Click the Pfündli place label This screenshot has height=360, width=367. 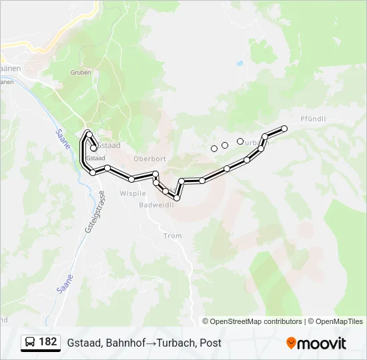313,119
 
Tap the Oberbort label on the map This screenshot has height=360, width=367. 149,159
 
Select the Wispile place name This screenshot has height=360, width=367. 132,193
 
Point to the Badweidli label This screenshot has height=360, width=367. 156,205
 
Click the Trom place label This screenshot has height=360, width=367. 172,236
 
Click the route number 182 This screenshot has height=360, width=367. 48,342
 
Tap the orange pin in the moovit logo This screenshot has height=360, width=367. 291,343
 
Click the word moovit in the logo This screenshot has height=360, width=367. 322,343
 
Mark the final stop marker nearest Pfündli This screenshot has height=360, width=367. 284,128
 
